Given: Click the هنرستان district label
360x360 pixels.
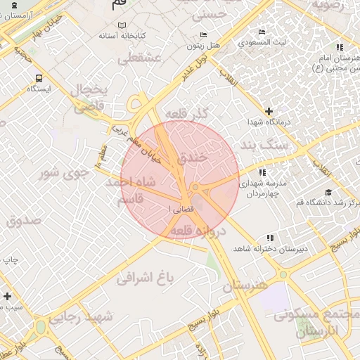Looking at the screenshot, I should pyautogui.click(x=245, y=287).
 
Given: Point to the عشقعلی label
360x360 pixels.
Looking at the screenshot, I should pyautogui.click(x=143, y=59).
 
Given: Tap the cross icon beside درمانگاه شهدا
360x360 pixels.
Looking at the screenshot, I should pyautogui.click(x=269, y=111).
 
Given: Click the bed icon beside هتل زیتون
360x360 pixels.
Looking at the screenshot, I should pyautogui.click(x=204, y=34).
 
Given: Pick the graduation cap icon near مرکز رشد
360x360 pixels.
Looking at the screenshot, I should pyautogui.click(x=328, y=192).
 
